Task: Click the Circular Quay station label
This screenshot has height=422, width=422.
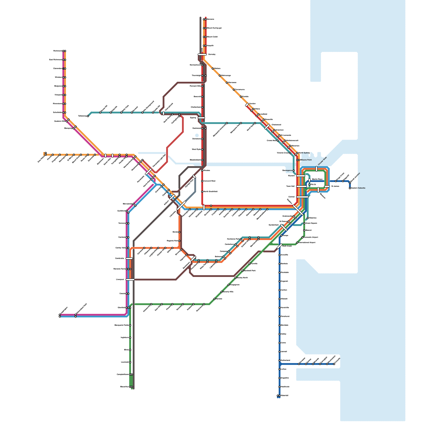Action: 322,161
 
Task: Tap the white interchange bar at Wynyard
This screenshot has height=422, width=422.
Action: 301,176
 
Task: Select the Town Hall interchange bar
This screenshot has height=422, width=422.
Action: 301,186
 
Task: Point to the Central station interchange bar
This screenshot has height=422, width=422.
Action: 302,197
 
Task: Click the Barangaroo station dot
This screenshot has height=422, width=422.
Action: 294,171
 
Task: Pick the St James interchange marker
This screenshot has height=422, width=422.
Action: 327,186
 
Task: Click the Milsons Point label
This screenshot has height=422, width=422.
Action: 306,160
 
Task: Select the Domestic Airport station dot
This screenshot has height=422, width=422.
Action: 303,237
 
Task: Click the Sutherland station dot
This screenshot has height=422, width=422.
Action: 280,360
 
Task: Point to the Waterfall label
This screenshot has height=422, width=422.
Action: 285,396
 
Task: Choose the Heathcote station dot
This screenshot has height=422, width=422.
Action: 280,387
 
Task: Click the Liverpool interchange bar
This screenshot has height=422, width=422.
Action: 130,280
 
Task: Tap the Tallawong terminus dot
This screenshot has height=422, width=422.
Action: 88,116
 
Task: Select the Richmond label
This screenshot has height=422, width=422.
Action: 57,51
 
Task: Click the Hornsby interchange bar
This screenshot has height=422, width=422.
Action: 202,55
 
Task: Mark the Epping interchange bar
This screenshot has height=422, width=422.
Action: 201,118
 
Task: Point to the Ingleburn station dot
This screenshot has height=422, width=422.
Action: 130,338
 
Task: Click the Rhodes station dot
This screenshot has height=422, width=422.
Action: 202,171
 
